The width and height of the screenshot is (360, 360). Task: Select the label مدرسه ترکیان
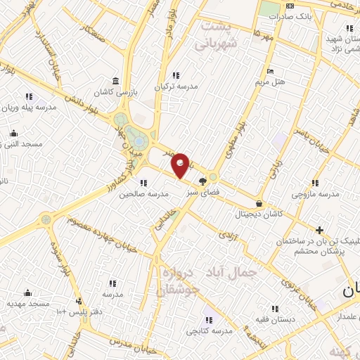(174, 87)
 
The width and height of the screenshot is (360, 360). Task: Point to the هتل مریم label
(270, 82)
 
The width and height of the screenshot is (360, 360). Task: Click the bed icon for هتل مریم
(269, 72)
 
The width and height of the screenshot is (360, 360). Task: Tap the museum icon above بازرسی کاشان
(115, 82)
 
